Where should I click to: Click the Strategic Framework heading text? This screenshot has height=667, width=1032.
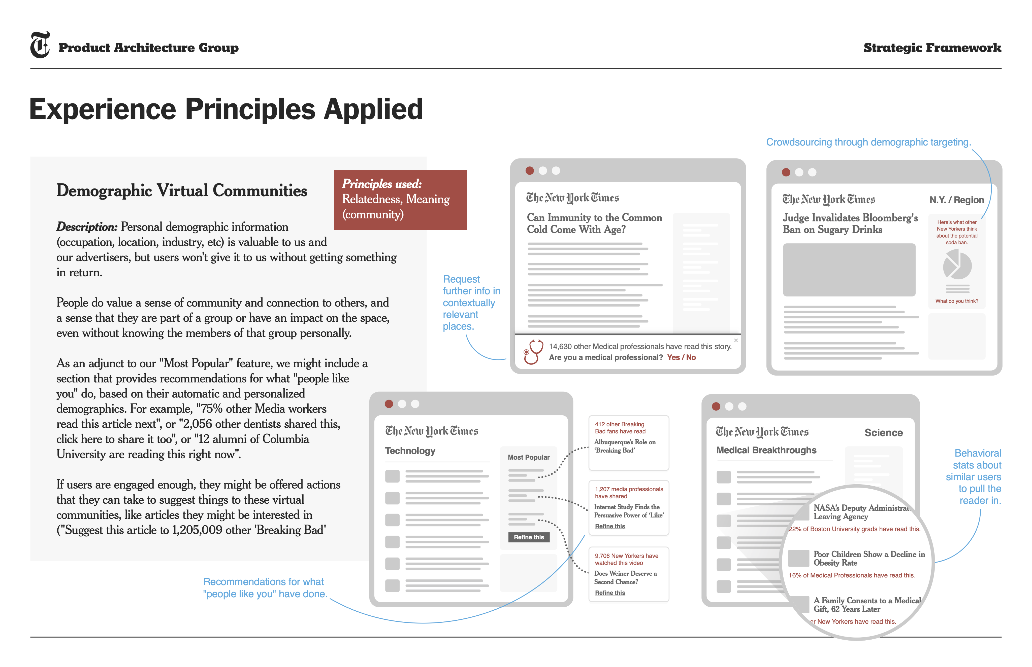click(932, 48)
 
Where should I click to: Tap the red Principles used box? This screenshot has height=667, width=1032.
click(400, 200)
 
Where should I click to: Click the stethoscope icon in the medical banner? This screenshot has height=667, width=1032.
click(533, 351)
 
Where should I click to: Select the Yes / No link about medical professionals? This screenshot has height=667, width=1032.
click(681, 357)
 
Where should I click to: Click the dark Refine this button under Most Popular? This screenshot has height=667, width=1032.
click(528, 537)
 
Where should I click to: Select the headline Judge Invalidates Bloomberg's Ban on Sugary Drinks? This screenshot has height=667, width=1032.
click(850, 224)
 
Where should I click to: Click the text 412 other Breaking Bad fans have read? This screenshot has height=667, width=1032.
click(620, 428)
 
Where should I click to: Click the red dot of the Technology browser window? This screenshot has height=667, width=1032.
click(389, 404)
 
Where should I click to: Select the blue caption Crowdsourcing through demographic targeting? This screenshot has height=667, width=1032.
click(868, 142)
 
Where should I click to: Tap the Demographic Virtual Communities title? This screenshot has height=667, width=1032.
click(182, 191)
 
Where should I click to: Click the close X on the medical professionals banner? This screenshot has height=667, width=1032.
click(735, 341)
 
